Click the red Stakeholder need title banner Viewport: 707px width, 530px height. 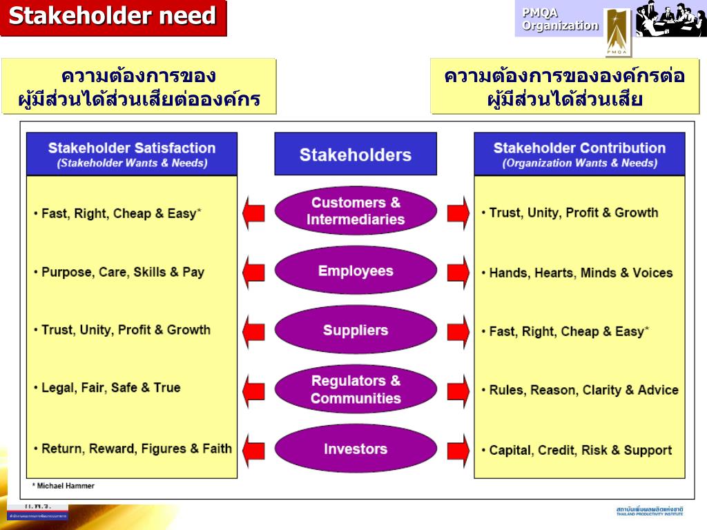[x=113, y=17]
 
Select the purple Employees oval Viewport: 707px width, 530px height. [x=356, y=271]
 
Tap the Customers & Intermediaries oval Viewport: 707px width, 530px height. [x=356, y=211]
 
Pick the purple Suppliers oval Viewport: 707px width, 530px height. [x=356, y=330]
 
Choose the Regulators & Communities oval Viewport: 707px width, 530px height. [x=356, y=389]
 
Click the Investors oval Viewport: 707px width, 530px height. [x=356, y=449]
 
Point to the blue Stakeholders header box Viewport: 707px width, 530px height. [x=356, y=154]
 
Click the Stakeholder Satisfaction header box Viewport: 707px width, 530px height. [x=132, y=154]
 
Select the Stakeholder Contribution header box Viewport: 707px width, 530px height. [x=579, y=154]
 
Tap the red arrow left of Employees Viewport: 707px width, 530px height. [x=253, y=272]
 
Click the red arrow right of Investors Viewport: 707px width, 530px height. [x=458, y=450]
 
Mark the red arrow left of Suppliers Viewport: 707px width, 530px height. [x=253, y=331]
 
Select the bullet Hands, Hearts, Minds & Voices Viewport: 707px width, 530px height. [x=580, y=273]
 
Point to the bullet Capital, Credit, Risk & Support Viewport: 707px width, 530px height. [x=580, y=451]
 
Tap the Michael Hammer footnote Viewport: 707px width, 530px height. [x=64, y=486]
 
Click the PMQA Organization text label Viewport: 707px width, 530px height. [x=559, y=19]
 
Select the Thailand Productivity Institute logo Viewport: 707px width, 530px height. [x=649, y=511]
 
